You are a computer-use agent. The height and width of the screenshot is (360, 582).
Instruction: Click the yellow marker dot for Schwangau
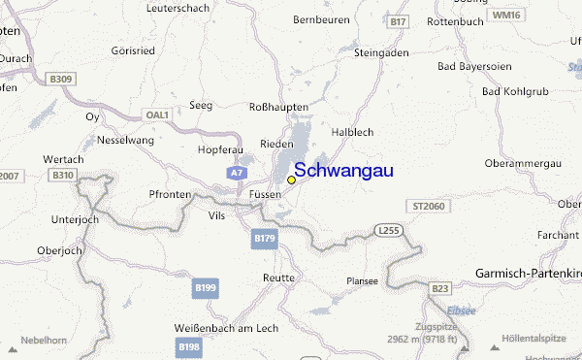tap(291, 180)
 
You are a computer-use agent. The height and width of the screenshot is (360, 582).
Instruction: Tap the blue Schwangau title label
tap(343, 171)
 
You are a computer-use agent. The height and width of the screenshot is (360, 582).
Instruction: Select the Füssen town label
tap(265, 194)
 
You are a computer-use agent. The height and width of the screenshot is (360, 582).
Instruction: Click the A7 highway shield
tap(238, 173)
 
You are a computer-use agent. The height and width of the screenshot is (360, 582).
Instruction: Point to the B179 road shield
tap(263, 237)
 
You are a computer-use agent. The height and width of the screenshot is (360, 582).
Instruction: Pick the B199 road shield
tap(205, 287)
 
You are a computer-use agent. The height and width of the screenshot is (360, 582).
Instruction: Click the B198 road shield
tap(188, 346)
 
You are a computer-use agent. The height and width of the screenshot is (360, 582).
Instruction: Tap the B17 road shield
tap(398, 20)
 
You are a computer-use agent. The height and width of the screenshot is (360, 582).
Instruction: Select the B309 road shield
tap(60, 79)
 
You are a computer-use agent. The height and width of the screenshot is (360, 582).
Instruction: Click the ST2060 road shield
tap(428, 207)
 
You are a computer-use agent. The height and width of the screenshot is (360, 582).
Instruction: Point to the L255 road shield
tap(388, 230)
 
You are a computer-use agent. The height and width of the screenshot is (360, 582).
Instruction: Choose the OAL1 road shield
tap(157, 115)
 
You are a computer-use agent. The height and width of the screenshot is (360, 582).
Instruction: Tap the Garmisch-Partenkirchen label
tap(528, 274)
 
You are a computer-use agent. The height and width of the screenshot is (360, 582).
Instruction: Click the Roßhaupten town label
tap(278, 107)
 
